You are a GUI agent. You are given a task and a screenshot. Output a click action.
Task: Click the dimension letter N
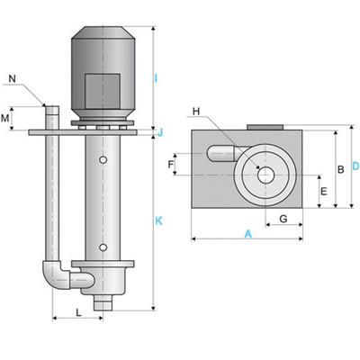coord(12,79)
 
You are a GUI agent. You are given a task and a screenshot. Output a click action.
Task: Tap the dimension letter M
coord(5,119)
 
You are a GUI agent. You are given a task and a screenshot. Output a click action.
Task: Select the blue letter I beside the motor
coord(156,78)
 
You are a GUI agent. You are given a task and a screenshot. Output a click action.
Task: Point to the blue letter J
coord(160,132)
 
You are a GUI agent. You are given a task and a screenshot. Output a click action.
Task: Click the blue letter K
coord(158,221)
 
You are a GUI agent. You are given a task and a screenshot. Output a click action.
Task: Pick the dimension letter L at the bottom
coord(78,313)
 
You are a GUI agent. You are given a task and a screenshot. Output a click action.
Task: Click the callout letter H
coord(196,112)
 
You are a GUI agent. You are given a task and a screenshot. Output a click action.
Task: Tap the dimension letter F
coord(171,165)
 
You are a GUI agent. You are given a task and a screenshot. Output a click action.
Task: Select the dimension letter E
coord(324,191)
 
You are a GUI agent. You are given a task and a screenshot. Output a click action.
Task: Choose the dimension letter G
coord(283,219)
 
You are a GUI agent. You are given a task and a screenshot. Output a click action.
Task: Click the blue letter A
coord(247,234)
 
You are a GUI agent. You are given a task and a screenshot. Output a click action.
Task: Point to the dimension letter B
coord(341,169)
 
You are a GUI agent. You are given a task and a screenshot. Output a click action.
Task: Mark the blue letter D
coord(355,166)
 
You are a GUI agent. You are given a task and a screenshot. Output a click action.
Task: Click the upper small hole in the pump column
coord(103,160)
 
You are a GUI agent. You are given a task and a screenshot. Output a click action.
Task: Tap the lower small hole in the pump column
coord(103,247)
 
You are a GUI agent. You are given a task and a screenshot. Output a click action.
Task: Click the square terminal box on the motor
coord(103,91)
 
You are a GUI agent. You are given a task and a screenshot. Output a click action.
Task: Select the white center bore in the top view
coord(265,175)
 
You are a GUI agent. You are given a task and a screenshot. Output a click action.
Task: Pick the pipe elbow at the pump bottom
coord(57,275)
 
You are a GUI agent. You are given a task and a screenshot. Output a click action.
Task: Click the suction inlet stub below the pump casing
coord(103,303)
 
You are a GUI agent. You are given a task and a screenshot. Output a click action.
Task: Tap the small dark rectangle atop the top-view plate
coord(265,128)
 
